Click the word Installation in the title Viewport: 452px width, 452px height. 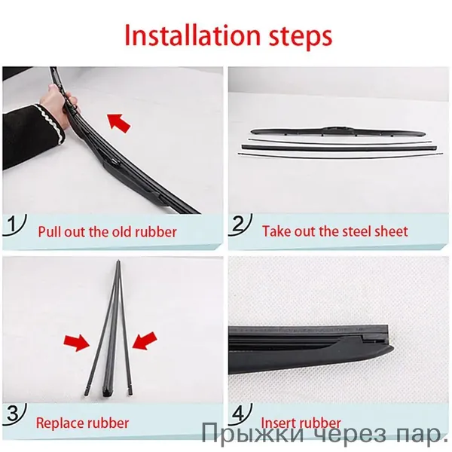(193, 35)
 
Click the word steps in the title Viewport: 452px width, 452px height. (301, 37)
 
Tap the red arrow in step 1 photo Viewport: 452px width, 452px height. (119, 122)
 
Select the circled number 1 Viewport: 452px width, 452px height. (12, 224)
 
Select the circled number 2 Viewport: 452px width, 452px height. (239, 224)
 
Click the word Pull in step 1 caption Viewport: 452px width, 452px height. (49, 232)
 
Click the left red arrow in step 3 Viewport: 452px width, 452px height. (77, 343)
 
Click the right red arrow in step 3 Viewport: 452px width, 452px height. (145, 341)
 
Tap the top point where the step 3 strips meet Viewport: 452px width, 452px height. (119, 261)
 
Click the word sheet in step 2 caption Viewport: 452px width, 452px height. (391, 231)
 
